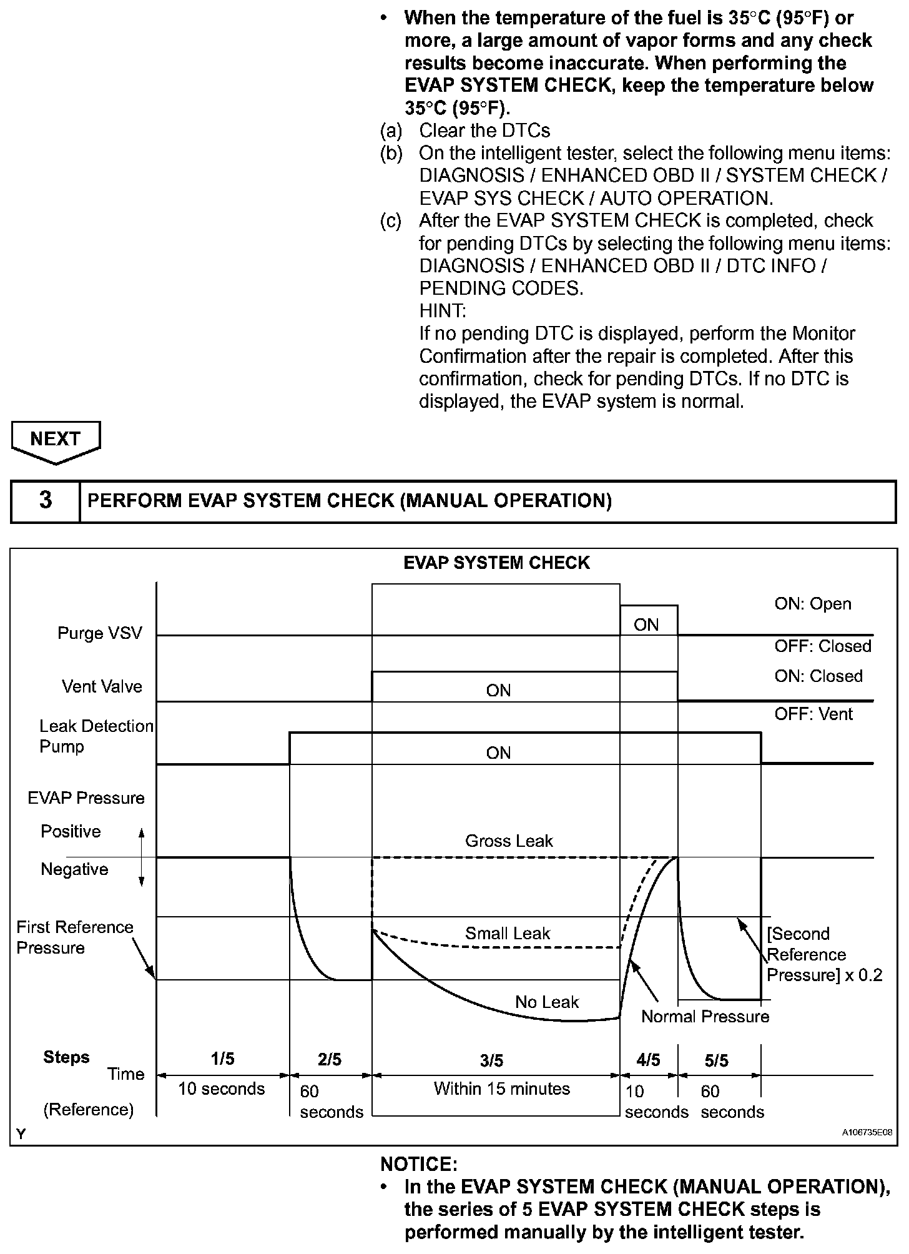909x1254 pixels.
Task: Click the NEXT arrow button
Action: pos(56,441)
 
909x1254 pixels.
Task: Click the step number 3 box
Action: pos(46,501)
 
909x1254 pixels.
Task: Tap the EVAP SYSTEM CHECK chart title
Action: pos(496,563)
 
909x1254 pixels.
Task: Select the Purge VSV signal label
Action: pos(100,633)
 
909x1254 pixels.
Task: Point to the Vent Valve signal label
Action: pos(102,687)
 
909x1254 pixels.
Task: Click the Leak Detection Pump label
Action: pos(96,736)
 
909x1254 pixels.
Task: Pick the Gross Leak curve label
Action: pos(509,841)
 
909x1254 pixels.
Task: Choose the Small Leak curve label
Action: pos(508,934)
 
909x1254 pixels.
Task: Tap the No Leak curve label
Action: pos(547,1002)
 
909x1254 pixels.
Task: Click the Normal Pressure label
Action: pos(705,1017)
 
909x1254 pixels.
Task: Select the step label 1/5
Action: pos(222,1059)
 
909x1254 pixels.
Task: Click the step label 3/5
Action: pos(491,1060)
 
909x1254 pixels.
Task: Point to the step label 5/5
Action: pos(717,1060)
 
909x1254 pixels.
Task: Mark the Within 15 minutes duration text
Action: pos(502,1089)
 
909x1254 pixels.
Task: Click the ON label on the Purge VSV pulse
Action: pos(646,625)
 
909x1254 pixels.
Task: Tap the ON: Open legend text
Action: pos(813,604)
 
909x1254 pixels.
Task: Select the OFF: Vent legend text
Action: pos(813,714)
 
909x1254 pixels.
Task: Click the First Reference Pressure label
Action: pos(75,937)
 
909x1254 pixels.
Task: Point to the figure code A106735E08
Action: pos(867,1132)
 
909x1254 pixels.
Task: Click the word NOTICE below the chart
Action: pos(419,1165)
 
